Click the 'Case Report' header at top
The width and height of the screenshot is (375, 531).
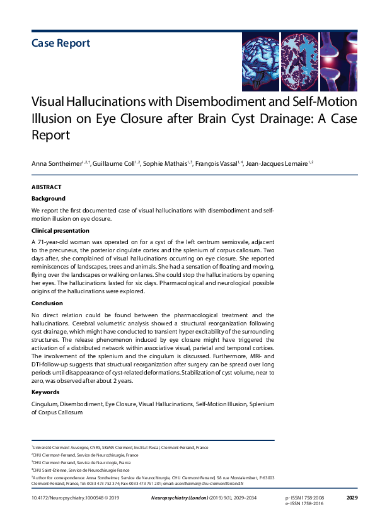(x=61, y=43)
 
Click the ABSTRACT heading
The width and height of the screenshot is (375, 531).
(x=46, y=187)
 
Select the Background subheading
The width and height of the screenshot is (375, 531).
(x=49, y=199)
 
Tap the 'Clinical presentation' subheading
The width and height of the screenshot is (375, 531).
(x=61, y=231)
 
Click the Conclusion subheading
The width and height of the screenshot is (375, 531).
(x=47, y=303)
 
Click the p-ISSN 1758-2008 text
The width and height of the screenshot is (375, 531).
(x=306, y=498)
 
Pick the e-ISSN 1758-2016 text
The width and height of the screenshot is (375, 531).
(x=306, y=505)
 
